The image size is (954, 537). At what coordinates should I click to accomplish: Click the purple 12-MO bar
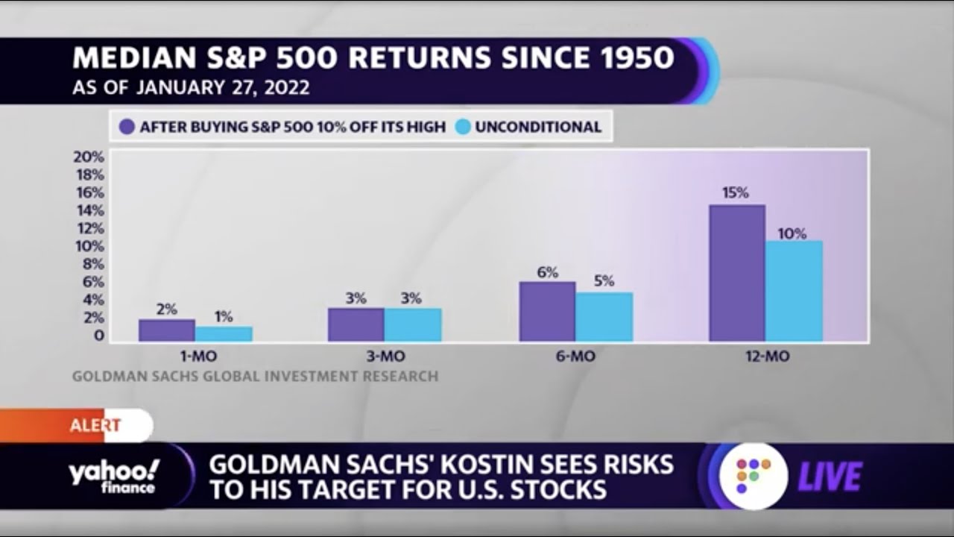pos(736,273)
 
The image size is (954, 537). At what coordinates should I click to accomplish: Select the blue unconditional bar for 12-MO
pos(794,291)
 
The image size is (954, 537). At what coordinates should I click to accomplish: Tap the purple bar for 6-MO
pos(547,312)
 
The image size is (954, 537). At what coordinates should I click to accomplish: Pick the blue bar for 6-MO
pos(604,317)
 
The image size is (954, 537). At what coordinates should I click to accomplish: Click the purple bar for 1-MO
pos(167,330)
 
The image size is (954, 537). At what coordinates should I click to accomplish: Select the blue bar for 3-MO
pos(413,325)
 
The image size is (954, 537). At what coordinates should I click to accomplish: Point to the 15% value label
pos(735,192)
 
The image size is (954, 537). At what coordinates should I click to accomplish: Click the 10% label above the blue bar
pos(792,233)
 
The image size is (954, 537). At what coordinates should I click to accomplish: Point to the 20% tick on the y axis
pos(88,157)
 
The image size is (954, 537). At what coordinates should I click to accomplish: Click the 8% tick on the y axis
pos(92,264)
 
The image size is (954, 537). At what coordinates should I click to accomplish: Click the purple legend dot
pos(127,127)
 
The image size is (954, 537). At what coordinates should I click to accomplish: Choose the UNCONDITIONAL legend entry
pos(529,127)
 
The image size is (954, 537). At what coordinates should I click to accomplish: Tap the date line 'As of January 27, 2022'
pos(191,88)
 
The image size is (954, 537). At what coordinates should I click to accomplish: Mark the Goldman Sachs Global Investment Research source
pos(255,377)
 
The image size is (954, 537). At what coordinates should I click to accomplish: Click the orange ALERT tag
pos(94,426)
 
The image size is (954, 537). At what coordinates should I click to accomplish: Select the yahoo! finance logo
pos(113,477)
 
